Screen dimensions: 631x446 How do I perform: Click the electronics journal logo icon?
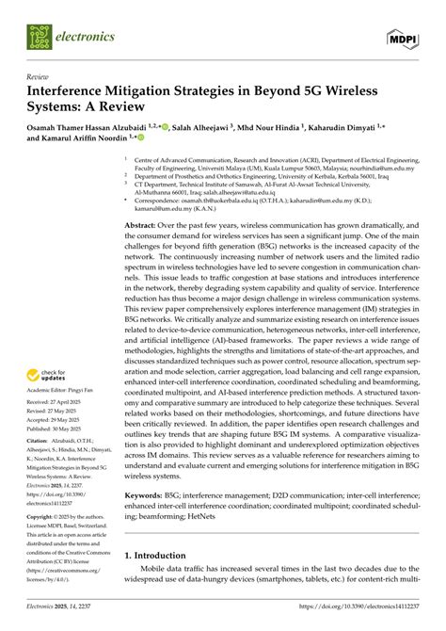tap(37, 37)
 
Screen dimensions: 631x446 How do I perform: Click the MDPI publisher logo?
tap(402, 37)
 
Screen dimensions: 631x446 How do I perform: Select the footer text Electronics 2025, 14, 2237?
tap(66, 620)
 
